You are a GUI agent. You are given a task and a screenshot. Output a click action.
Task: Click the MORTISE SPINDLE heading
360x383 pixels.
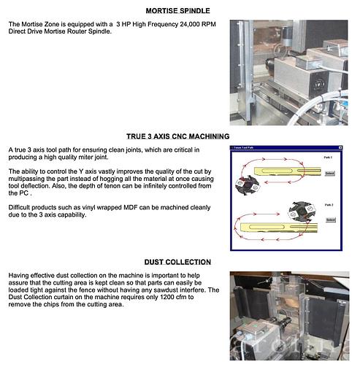177,11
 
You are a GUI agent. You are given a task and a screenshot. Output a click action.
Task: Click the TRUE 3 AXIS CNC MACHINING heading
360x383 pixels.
177,136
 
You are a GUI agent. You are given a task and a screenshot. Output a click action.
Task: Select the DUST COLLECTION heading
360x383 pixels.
177,262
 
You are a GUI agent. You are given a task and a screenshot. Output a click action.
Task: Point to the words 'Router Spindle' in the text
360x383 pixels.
88,32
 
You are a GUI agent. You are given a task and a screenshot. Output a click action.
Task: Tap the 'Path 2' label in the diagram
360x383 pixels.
327,205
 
